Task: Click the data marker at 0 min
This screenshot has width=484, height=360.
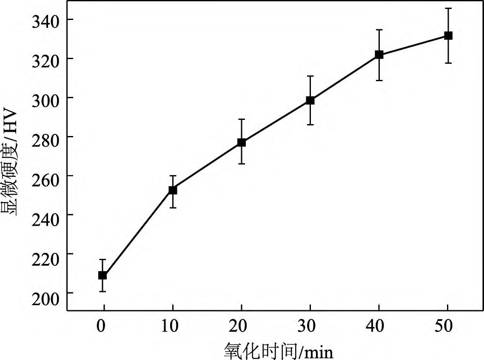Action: click(x=102, y=275)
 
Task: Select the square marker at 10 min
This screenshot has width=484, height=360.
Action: click(x=173, y=190)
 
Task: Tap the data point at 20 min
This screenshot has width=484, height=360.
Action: click(x=242, y=142)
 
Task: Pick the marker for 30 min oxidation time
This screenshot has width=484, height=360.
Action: click(x=310, y=101)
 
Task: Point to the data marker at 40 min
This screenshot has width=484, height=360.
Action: click(x=379, y=55)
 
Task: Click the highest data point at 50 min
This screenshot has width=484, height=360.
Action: click(x=448, y=36)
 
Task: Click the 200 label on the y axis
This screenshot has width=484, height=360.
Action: click(x=47, y=293)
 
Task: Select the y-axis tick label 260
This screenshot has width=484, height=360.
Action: click(x=47, y=176)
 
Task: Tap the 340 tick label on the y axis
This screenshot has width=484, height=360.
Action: click(x=47, y=20)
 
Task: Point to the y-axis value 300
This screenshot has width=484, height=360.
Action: click(x=47, y=98)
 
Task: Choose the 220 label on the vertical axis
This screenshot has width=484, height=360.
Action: click(x=47, y=254)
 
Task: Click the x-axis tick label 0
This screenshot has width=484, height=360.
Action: click(x=101, y=327)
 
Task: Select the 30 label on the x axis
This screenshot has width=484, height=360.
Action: click(x=310, y=327)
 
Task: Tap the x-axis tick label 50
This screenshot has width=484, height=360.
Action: click(x=447, y=327)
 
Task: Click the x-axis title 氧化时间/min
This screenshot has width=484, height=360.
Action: click(x=278, y=351)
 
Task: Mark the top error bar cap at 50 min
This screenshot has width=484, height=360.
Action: click(x=448, y=8)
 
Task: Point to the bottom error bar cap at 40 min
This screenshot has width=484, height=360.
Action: click(x=379, y=80)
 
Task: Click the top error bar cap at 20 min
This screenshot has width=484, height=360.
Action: click(x=242, y=119)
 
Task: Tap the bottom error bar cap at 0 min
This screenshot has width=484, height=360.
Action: click(x=102, y=292)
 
